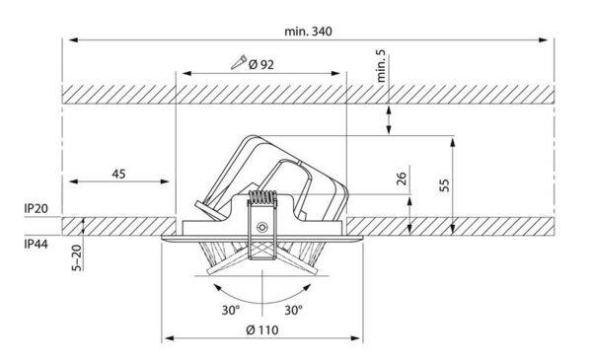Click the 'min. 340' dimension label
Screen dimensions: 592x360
308,31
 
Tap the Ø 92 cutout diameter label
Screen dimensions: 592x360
261,65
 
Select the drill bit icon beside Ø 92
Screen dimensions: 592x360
238,62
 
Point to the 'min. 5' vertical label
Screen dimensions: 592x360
381,66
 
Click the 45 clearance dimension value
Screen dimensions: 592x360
118,174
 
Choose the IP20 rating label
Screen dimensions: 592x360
36,208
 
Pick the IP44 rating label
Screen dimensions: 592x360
36,245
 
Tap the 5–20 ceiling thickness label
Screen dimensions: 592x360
77,257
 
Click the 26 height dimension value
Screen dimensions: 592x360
402,179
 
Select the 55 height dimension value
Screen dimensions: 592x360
444,184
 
